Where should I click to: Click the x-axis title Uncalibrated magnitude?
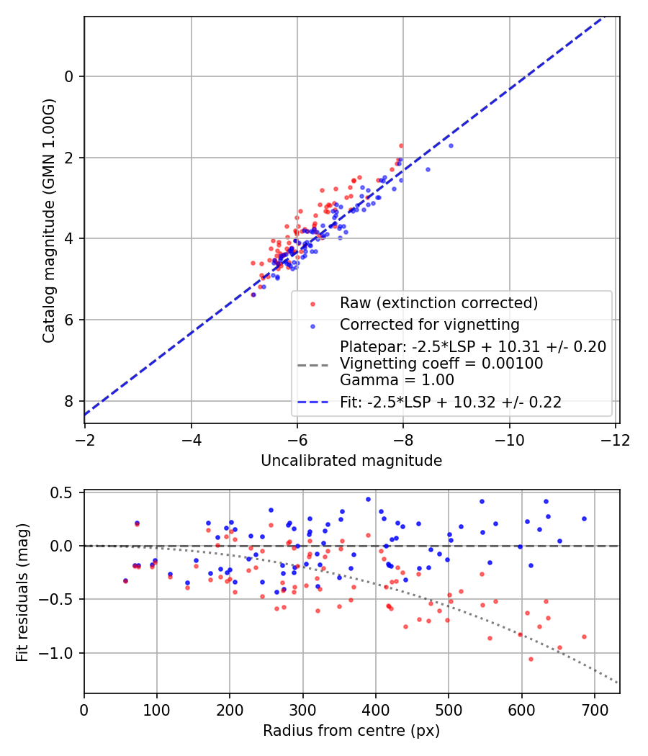(x=351, y=460)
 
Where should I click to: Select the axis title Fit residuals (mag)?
(x=22, y=593)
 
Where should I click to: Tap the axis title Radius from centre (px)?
(x=351, y=731)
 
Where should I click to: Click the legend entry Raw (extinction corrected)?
(x=439, y=302)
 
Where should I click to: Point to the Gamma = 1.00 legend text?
(x=397, y=380)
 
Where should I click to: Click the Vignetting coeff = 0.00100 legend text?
(x=441, y=364)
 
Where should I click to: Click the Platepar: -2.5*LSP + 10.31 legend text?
(x=473, y=346)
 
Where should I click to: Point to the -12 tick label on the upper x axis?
(x=615, y=438)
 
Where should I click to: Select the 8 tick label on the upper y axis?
(x=70, y=401)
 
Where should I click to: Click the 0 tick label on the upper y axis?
(x=70, y=76)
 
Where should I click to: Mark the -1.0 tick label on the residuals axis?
(x=61, y=653)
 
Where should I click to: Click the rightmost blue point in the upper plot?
(x=451, y=145)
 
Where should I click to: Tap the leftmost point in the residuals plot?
(x=125, y=580)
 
